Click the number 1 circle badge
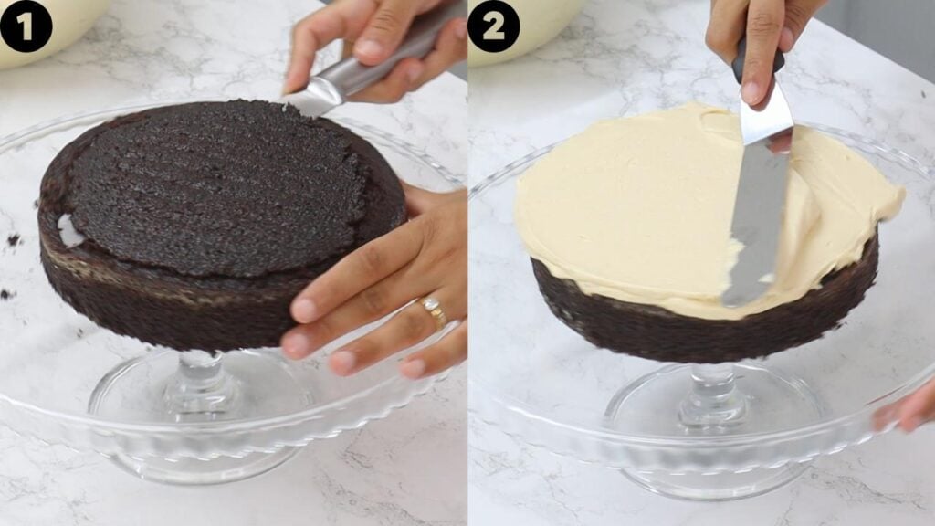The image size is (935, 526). coord(26,26)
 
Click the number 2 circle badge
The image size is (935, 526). coord(493,26)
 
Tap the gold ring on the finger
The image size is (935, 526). coord(434,311)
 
